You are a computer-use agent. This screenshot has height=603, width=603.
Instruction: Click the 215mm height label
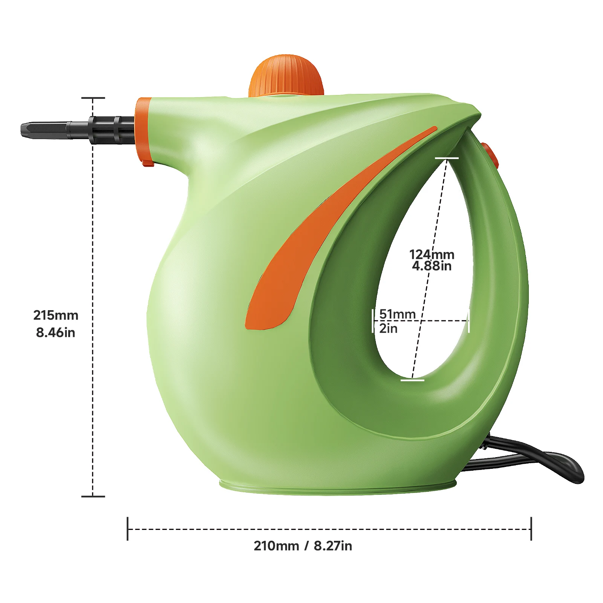point(56,315)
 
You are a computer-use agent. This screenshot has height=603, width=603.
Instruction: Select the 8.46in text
point(55,332)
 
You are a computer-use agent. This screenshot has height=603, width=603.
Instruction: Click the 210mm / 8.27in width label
point(303,546)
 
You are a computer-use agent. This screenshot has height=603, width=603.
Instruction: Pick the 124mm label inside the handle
point(432,254)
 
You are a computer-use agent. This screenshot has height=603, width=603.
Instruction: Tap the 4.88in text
point(432,266)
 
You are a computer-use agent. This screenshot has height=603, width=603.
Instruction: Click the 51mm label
point(397,314)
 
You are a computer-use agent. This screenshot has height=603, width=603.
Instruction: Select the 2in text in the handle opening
point(388,328)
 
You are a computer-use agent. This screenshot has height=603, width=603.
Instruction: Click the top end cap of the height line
point(93,98)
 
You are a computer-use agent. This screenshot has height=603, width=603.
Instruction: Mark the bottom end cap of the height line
point(93,496)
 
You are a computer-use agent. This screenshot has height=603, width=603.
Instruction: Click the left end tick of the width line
point(128,529)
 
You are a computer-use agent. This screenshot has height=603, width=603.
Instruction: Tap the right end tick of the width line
point(531,529)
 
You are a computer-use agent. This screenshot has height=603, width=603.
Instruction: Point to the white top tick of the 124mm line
point(447,158)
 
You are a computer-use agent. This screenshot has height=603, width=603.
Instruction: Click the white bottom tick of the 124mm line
point(412,380)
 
